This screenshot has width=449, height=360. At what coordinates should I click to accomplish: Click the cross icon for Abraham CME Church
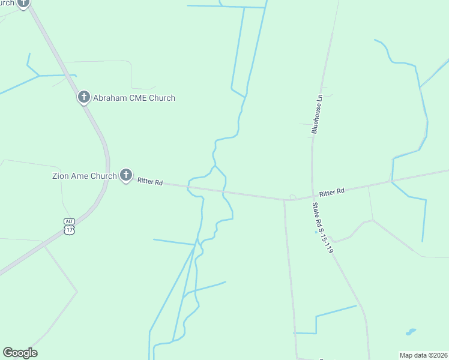click(x=84, y=97)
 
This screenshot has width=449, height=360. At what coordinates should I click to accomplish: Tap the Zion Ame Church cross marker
click(x=125, y=175)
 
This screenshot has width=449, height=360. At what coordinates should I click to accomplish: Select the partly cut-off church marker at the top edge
click(x=23, y=3)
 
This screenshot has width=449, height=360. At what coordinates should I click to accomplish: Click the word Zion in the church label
click(x=59, y=176)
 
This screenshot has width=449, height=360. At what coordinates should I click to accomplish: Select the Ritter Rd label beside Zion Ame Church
click(x=150, y=181)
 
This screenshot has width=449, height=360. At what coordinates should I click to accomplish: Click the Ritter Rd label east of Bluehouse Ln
click(x=332, y=192)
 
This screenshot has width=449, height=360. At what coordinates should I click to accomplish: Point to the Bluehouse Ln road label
click(x=317, y=113)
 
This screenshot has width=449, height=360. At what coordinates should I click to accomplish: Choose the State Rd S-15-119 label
click(x=322, y=227)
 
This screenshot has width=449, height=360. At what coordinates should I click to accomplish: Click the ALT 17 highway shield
click(x=69, y=226)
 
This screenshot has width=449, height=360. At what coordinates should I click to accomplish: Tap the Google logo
click(x=20, y=353)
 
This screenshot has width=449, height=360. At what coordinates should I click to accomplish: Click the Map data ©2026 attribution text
click(x=423, y=355)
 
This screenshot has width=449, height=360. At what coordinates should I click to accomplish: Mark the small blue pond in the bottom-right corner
click(x=411, y=331)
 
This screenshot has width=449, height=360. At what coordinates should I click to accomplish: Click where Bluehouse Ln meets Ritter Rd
click(x=312, y=196)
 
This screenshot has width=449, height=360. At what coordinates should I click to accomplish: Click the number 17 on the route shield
click(x=69, y=229)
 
